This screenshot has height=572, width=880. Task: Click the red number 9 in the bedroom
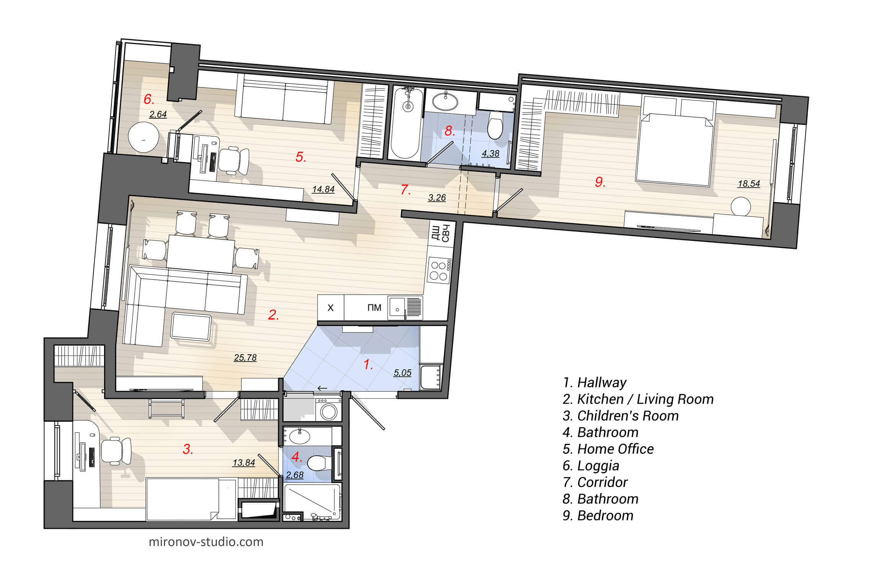coord(600,182)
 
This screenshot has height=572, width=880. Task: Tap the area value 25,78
coord(245,357)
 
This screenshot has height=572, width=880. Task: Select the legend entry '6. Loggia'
coord(591,465)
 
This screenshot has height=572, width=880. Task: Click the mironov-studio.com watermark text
coord(206,542)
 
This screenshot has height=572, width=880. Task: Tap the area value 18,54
coord(748,184)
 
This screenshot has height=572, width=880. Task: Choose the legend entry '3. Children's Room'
coord(621,416)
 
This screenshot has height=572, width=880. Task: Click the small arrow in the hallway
coord(322,388)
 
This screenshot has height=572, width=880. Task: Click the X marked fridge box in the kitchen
coord(331,308)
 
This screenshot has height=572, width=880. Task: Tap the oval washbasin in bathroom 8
coord(445,102)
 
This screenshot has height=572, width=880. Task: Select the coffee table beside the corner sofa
coord(191,327)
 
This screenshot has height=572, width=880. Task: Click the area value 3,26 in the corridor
coord(437,198)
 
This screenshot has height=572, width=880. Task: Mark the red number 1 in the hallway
coord(367,365)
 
